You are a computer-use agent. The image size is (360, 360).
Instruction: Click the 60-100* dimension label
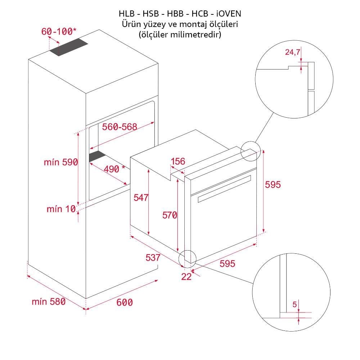(59, 31)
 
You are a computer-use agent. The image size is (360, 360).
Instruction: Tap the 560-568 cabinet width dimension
(120, 127)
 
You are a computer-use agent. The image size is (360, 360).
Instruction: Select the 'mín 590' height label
(61, 162)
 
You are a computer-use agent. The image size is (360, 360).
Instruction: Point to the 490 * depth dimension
(114, 169)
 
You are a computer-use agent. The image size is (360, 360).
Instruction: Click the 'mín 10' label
(61, 209)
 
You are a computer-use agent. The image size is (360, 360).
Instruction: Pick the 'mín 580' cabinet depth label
(49, 301)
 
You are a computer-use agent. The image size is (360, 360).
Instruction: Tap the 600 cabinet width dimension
(125, 302)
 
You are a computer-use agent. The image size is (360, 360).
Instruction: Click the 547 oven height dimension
(141, 197)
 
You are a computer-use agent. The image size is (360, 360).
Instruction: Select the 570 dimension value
(170, 215)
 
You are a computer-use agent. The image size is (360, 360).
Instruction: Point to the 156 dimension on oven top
(178, 161)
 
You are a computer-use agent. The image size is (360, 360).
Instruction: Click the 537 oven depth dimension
(153, 257)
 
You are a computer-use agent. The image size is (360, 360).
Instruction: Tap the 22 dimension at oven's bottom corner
(186, 276)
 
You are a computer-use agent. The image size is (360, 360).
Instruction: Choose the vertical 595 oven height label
(273, 185)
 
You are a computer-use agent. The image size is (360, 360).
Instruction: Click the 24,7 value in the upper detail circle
(292, 52)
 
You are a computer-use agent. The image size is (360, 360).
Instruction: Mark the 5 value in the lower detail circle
(295, 305)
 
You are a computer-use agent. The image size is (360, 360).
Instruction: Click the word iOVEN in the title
(229, 14)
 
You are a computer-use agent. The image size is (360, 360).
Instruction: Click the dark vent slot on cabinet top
(69, 47)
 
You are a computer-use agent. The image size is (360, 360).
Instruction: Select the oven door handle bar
(224, 189)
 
